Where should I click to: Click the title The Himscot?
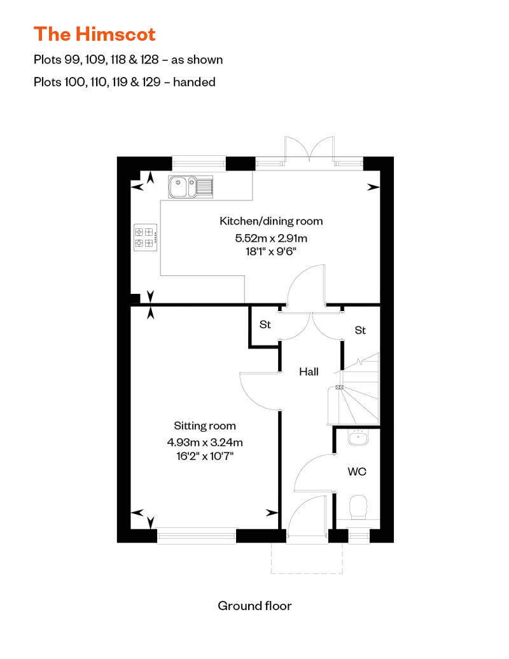point(94,33)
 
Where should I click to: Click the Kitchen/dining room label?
point(271,221)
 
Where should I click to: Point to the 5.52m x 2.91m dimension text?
point(271,239)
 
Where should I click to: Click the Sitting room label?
point(205,426)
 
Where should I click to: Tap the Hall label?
point(309,372)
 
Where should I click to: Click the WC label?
point(356,472)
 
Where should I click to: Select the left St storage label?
point(265,325)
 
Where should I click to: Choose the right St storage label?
point(360,330)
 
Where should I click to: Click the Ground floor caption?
point(254,606)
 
